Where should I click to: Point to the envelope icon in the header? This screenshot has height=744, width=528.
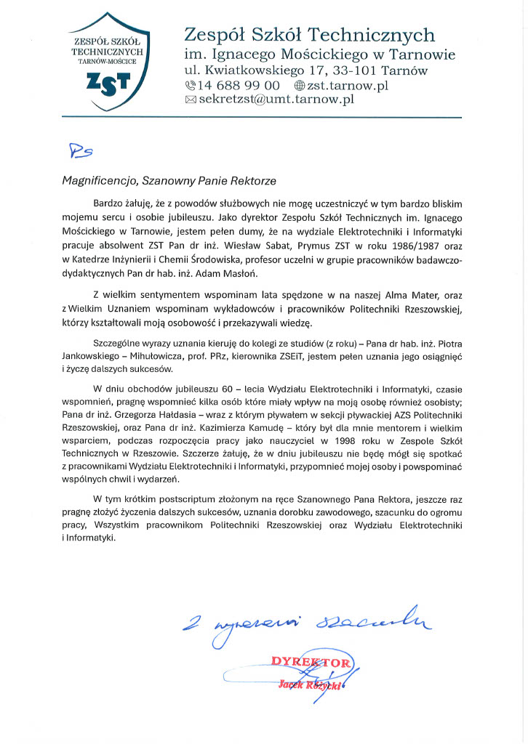point(191,100)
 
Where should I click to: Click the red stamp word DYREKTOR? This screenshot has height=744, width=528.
point(311,662)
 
